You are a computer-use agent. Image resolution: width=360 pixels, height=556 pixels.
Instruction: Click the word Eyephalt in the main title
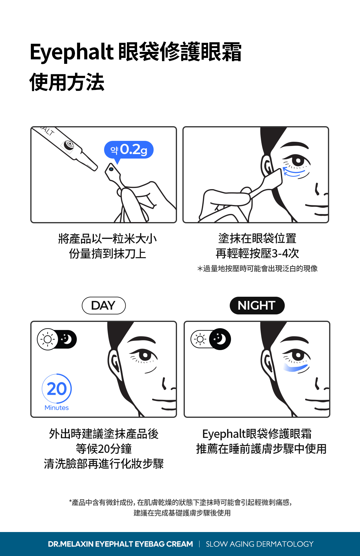click(x=71, y=52)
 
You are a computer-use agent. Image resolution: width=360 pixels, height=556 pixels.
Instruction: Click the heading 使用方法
click(x=67, y=82)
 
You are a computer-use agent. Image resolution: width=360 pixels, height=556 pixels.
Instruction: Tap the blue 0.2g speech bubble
click(x=129, y=150)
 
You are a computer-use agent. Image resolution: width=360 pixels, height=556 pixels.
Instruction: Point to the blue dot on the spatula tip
click(x=111, y=169)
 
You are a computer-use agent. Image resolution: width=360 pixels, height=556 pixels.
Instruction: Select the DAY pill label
click(x=103, y=305)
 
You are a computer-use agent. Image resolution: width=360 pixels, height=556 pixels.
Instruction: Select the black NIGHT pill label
click(x=257, y=305)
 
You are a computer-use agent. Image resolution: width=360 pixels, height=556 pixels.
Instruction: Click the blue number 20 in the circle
click(x=57, y=389)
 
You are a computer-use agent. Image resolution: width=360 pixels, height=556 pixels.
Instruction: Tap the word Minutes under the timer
click(x=57, y=408)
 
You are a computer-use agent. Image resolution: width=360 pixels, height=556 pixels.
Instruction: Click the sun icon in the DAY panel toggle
click(x=47, y=339)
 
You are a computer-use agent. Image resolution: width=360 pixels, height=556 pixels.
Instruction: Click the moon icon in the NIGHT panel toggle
click(x=220, y=339)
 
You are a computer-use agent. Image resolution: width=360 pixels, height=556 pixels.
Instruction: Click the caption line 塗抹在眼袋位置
click(x=257, y=239)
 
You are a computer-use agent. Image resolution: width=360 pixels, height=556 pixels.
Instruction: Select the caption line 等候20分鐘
click(x=103, y=449)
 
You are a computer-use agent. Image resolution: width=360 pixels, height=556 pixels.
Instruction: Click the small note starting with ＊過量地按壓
click(x=257, y=269)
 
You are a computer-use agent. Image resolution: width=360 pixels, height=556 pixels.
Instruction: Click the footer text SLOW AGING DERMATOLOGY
click(x=259, y=544)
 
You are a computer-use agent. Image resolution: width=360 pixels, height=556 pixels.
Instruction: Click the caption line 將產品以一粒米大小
click(x=107, y=239)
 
